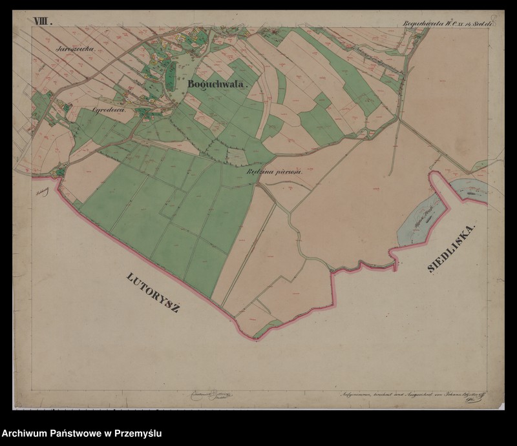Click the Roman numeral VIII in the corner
point(43,21)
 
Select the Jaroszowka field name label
point(75,49)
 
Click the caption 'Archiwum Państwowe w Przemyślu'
point(81,433)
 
